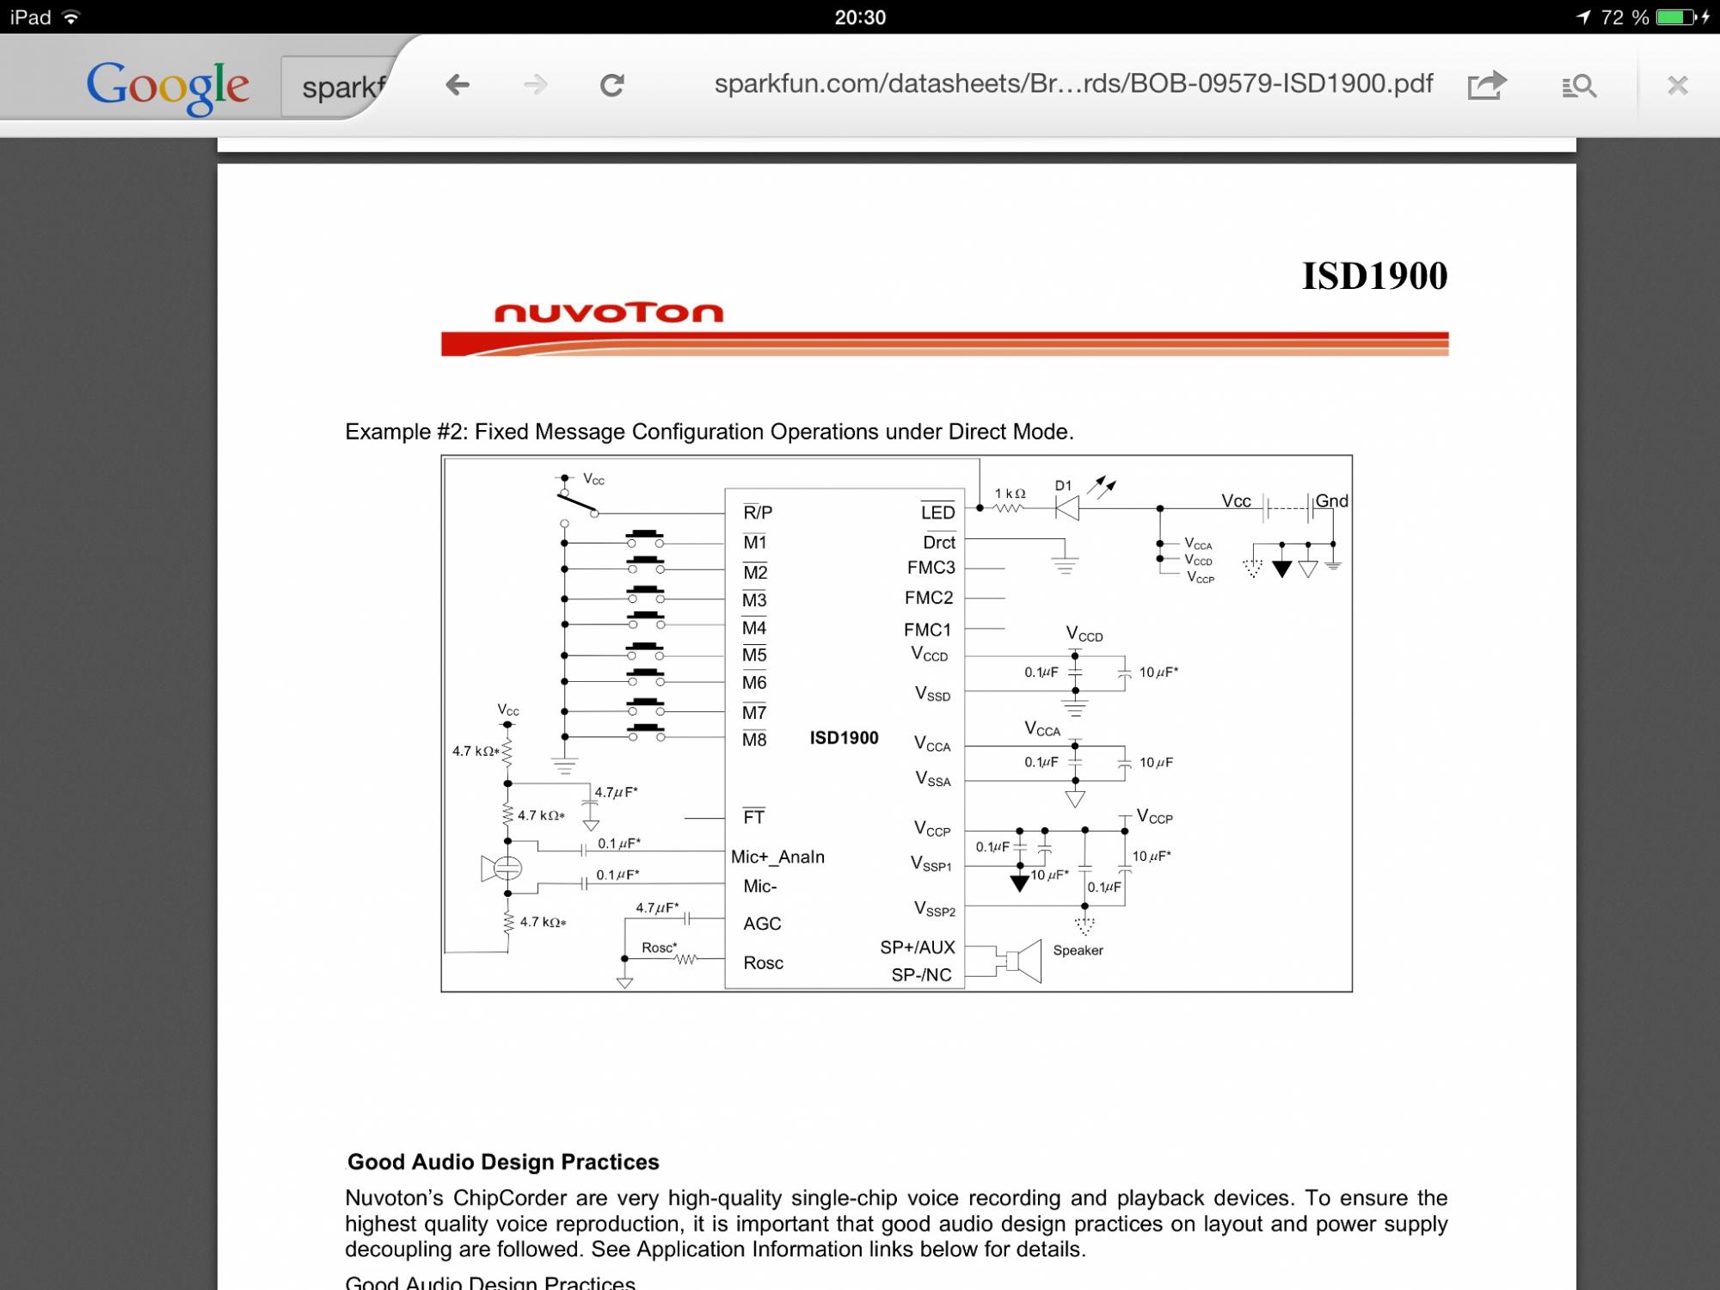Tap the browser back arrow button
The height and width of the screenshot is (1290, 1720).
tap(458, 84)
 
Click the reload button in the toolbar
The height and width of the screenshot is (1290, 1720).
tap(611, 84)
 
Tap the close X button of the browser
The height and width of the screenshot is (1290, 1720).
tap(1677, 85)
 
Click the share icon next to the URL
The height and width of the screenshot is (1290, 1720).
tap(1487, 85)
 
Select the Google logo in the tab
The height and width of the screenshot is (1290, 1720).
tap(168, 86)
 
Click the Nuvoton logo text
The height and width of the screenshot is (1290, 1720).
tap(609, 312)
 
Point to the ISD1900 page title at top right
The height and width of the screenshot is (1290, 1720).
tap(1374, 276)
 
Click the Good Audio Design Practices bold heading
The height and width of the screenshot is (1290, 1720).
tap(503, 1162)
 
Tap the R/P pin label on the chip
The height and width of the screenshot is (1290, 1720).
tap(758, 513)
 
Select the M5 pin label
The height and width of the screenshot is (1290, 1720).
tap(754, 655)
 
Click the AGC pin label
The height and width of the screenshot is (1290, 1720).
tap(762, 924)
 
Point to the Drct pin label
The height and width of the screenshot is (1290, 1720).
tap(938, 543)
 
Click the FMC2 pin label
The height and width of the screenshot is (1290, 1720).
tap(929, 598)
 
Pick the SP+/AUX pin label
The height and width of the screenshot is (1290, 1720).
tap(917, 947)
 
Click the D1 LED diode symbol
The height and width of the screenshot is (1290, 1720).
tap(1067, 508)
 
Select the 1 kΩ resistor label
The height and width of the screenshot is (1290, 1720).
tap(1010, 494)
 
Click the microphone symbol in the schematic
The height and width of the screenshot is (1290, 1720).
tap(503, 869)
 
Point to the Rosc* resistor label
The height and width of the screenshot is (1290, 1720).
tap(660, 948)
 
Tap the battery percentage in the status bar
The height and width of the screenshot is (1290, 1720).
tap(1625, 17)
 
